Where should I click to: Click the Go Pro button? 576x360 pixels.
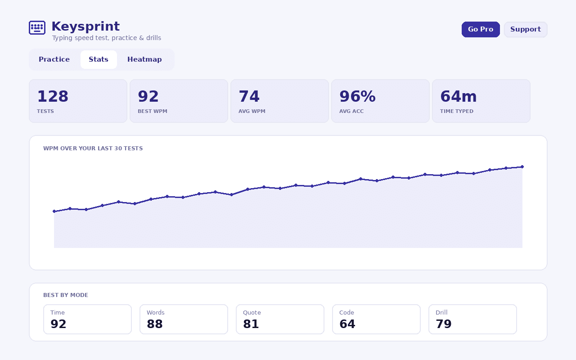point(481,29)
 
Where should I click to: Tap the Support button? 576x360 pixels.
point(526,29)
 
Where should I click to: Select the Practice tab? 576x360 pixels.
point(54,59)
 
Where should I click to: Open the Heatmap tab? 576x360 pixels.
point(144,59)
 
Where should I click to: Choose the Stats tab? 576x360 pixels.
point(99,59)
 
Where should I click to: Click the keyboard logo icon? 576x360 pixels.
point(37,27)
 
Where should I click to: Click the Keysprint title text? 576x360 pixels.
point(85,27)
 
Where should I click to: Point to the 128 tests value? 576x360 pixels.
point(53,96)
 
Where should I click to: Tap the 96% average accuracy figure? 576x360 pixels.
point(357,96)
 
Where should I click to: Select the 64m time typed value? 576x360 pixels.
point(459,96)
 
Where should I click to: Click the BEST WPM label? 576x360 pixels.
point(153,111)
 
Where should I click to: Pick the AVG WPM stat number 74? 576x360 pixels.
point(249,96)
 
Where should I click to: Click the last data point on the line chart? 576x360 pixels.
point(522,167)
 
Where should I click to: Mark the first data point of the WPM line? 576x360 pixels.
point(54,211)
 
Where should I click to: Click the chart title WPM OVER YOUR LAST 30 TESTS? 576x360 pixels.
point(93,148)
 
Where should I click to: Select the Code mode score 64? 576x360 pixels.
point(347,324)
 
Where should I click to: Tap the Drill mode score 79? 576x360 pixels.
point(444,324)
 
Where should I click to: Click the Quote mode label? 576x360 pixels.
point(252,313)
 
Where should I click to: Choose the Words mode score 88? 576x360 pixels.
point(154,324)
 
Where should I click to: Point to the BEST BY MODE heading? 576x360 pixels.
point(66,295)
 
